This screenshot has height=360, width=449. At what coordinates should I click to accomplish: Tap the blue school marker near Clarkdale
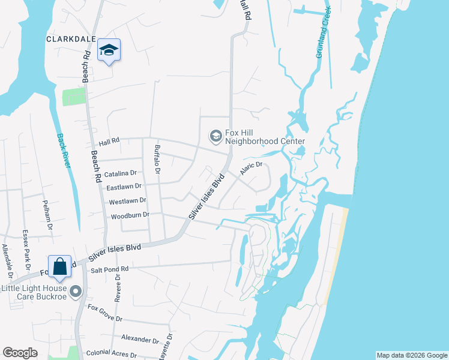(x=109, y=50)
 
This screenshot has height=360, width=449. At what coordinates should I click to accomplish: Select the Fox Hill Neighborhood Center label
(x=265, y=137)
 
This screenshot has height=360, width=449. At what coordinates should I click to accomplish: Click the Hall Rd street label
(x=109, y=142)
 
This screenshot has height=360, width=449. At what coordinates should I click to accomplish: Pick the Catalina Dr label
(x=122, y=175)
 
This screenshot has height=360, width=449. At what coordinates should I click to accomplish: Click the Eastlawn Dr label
(x=124, y=188)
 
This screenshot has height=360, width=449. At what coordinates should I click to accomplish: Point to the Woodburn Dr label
(x=128, y=215)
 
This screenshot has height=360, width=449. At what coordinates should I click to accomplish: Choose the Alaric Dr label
(x=252, y=168)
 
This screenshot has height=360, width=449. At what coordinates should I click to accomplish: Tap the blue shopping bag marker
(x=60, y=268)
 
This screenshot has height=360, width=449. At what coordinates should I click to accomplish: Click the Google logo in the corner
(x=20, y=352)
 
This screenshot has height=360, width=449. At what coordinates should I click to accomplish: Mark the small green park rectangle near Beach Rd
(x=73, y=97)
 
